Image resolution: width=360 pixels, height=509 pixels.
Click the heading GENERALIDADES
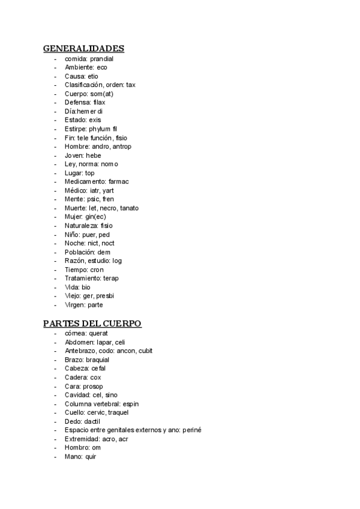pyautogui.click(x=83, y=49)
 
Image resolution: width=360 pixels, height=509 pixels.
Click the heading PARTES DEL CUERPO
pyautogui.click(x=92, y=324)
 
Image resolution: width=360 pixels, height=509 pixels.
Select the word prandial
pyautogui.click(x=101, y=59)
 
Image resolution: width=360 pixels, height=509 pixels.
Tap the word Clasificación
pyautogui.click(x=83, y=85)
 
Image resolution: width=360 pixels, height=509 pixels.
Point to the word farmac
pyautogui.click(x=119, y=182)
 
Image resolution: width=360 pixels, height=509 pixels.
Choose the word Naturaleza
pyautogui.click(x=82, y=226)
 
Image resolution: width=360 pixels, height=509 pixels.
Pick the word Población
pyautogui.click(x=80, y=252)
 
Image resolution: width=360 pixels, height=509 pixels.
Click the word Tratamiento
pyautogui.click(x=83, y=279)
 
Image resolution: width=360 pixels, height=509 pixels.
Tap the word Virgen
pyautogui.click(x=74, y=305)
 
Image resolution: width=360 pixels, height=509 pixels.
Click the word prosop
pyautogui.click(x=93, y=386)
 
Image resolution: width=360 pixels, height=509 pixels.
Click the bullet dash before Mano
pyautogui.click(x=55, y=457)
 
